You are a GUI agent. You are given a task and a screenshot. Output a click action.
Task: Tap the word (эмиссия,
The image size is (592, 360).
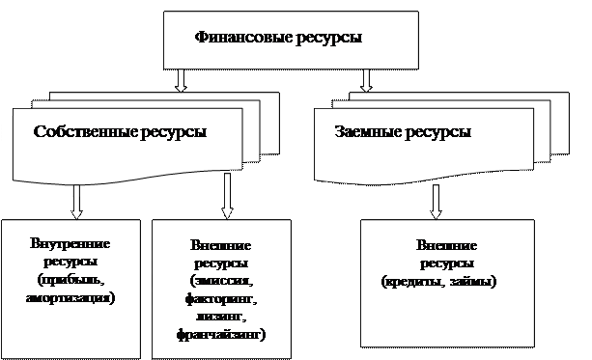(x=221, y=281)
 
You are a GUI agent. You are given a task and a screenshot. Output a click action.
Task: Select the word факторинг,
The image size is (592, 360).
(x=221, y=298)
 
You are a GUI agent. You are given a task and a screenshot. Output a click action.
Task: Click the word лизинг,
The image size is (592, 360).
(x=221, y=317)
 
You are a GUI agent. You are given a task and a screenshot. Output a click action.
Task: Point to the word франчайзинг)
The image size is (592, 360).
(x=221, y=335)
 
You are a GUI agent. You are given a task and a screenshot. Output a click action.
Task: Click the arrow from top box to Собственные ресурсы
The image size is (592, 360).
(x=181, y=79)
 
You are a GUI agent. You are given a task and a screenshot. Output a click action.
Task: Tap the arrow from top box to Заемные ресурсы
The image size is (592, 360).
(x=366, y=79)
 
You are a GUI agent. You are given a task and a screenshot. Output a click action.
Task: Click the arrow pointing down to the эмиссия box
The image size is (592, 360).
(x=228, y=202)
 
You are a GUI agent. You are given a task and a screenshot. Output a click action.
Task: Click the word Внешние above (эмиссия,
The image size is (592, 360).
(x=221, y=245)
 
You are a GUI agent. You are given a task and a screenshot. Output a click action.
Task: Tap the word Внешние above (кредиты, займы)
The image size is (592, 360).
(x=445, y=245)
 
